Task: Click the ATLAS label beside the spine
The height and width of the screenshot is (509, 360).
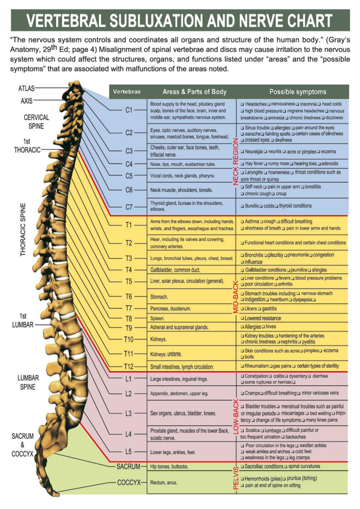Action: tap(26, 88)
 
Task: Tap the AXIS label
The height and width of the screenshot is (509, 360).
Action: tap(26, 101)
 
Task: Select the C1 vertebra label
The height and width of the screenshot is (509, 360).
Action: tap(129, 110)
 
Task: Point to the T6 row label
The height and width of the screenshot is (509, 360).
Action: tap(128, 297)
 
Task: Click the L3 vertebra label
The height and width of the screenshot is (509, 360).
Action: tap(128, 413)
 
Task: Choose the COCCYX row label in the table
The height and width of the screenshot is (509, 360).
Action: tap(129, 482)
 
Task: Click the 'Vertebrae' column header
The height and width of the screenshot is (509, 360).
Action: tap(127, 92)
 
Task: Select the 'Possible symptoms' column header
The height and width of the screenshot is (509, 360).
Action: tap(298, 92)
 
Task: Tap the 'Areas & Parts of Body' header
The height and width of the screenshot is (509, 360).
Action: tap(194, 92)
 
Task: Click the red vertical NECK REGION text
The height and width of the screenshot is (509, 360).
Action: tap(235, 161)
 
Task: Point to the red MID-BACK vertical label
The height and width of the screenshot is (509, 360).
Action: tap(235, 297)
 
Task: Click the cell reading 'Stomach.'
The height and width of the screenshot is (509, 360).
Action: tap(159, 297)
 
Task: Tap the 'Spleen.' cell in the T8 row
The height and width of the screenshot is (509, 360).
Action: tap(157, 318)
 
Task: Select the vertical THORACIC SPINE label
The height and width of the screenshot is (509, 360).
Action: tap(23, 230)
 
